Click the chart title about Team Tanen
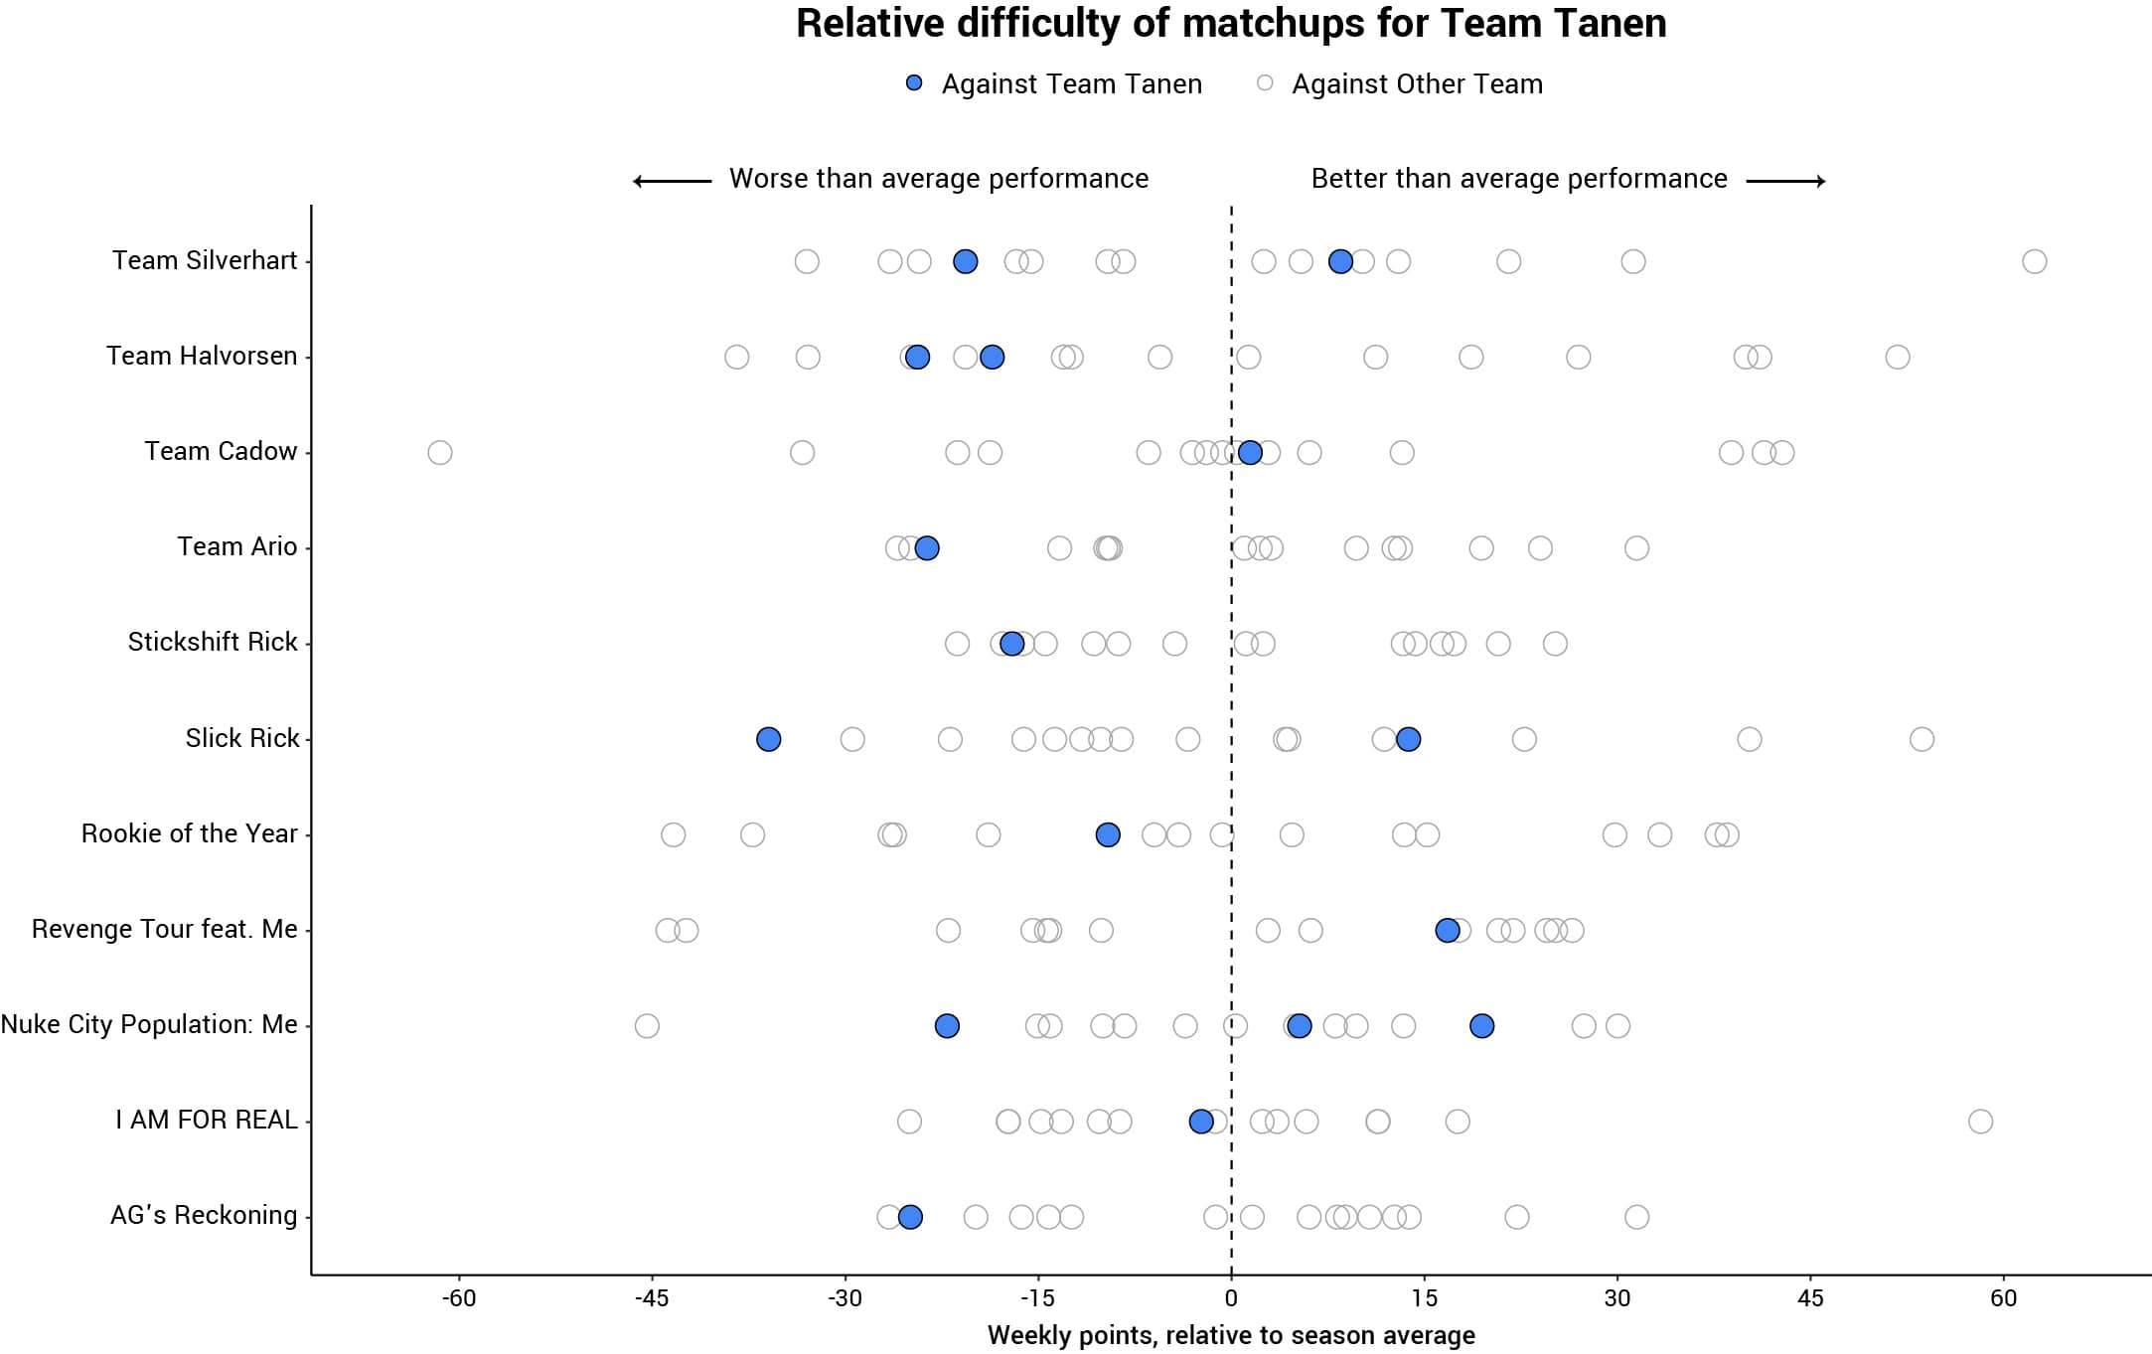pos(1231,24)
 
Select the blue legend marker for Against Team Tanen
pos(914,83)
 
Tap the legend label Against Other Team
pos(1417,84)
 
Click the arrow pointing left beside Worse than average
pos(673,181)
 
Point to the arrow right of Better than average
pos(1785,181)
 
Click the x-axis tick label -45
pos(652,1298)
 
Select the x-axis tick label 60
pos(2003,1298)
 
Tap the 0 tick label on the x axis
pos(1231,1298)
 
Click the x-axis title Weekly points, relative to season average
pos(1231,1335)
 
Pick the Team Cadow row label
pos(221,451)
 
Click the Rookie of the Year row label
pos(189,833)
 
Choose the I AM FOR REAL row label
pos(206,1120)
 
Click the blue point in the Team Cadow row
pos(1250,453)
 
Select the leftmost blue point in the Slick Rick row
pos(768,739)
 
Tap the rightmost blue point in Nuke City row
pos(1481,1026)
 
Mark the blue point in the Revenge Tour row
pos(1448,931)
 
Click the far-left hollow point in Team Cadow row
pos(440,453)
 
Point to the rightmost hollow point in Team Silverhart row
pos(2034,261)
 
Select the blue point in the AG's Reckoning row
pos(910,1217)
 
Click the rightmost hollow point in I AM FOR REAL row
pos(1980,1122)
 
